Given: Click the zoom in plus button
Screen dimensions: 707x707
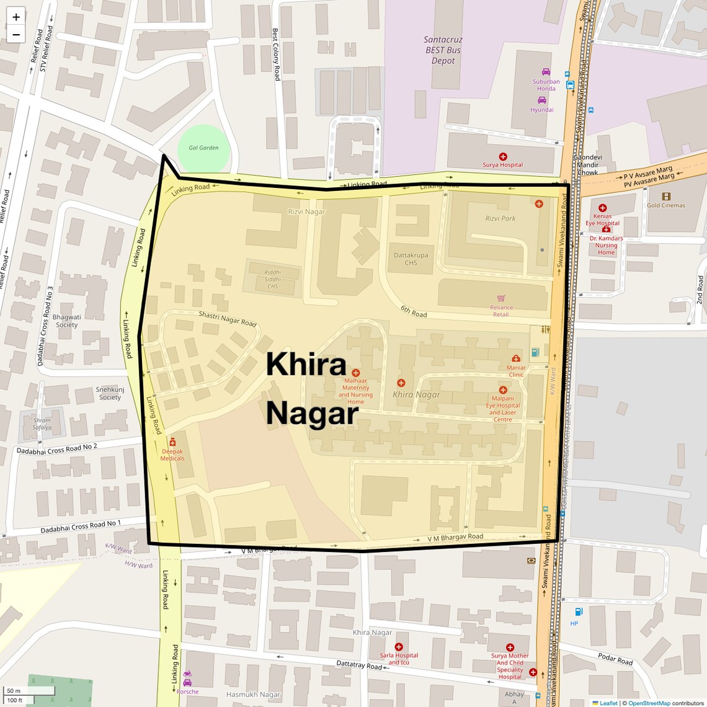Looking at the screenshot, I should coord(16,17).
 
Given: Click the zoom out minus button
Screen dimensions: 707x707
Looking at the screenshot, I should coord(16,35).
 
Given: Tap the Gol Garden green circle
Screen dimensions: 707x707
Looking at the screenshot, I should coord(204,149).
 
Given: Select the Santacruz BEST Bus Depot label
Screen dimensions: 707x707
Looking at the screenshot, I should coord(443,50).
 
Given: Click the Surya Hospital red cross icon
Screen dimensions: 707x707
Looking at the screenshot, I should coord(503,157).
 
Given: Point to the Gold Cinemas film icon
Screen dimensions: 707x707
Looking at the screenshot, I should coord(666,197).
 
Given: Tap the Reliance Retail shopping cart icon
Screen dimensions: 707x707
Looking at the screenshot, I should coord(501,298).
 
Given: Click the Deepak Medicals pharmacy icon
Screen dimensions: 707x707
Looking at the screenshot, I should coord(172,442).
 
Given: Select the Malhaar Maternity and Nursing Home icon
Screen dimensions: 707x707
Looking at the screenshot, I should coord(355,373).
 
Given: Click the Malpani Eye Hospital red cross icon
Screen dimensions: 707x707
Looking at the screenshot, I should coord(503,390).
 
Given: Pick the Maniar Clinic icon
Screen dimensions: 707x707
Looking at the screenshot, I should coord(516,358).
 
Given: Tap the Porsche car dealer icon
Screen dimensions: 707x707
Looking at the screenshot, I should coord(187,674).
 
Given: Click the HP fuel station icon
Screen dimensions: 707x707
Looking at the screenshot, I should coord(579,611).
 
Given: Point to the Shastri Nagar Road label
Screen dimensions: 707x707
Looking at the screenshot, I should coord(227,319).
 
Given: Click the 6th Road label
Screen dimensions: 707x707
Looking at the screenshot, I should coord(414,311).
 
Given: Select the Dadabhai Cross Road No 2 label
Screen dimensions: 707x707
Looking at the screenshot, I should coord(57,449).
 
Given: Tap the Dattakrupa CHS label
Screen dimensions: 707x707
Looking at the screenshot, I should coord(411,259).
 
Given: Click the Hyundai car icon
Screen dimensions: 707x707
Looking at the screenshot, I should coord(542,100).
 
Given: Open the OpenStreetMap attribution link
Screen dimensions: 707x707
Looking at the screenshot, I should coord(649,703).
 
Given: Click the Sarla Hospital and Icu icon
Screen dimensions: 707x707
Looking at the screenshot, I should coord(399,647).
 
